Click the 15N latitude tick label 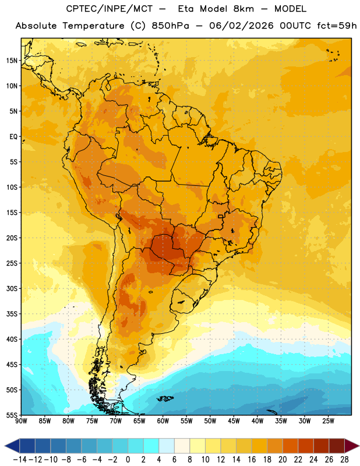12,61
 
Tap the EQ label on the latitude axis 13,137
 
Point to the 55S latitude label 12,415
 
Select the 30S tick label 12,288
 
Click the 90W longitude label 21,421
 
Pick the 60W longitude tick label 163,421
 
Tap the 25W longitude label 328,421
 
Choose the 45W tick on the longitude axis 234,421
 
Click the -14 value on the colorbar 20,460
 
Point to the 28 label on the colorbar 344,460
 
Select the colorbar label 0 128,460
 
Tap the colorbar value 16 252,460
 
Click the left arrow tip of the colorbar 5,446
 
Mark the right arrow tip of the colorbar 359,446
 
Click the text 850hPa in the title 170,26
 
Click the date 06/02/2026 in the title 241,26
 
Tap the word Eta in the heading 186,9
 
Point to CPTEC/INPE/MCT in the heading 110,9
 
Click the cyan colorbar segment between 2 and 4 151,446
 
